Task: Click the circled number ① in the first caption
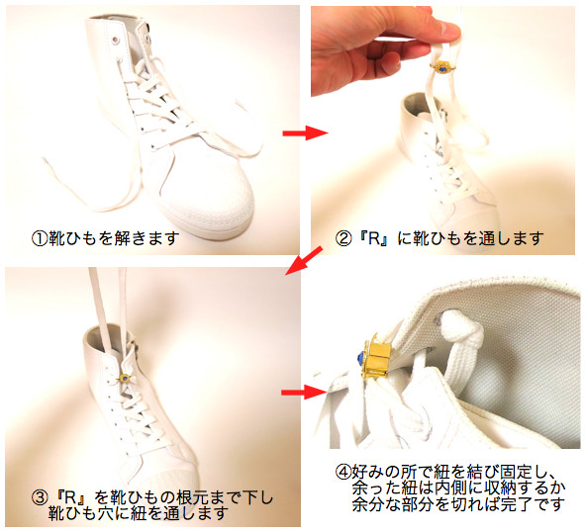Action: pos(40,238)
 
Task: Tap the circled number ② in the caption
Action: pos(342,238)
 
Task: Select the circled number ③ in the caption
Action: pos(40,498)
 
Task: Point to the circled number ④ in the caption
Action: pos(343,473)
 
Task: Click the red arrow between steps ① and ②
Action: pos(305,133)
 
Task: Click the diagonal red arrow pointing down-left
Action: pos(304,261)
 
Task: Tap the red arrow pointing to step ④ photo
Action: pos(304,392)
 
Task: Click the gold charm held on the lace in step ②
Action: pos(442,68)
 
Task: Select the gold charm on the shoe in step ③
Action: pos(126,379)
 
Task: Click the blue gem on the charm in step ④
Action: pos(361,358)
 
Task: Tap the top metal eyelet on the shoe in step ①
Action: pos(114,39)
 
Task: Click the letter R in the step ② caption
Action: pos(374,238)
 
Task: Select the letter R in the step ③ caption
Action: pos(71,498)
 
